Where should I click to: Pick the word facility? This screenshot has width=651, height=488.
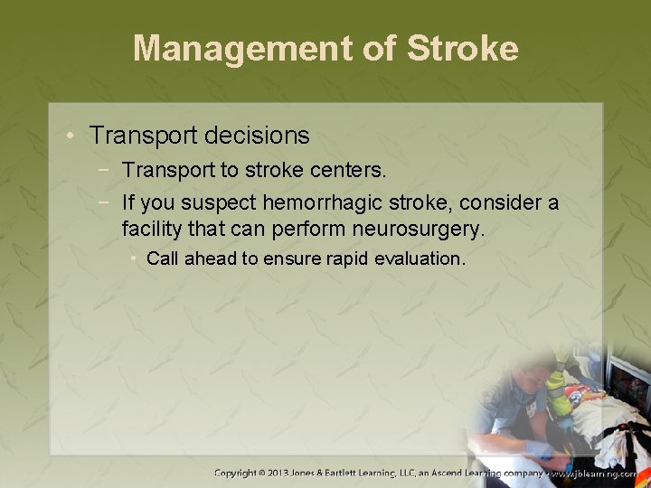click(151, 230)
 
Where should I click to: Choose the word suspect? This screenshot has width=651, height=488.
click(220, 202)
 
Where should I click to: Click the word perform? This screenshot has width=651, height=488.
click(310, 230)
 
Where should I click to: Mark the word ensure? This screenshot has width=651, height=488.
click(291, 259)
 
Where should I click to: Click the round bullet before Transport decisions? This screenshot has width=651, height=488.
click(72, 136)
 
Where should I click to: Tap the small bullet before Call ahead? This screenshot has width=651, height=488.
click(134, 259)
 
